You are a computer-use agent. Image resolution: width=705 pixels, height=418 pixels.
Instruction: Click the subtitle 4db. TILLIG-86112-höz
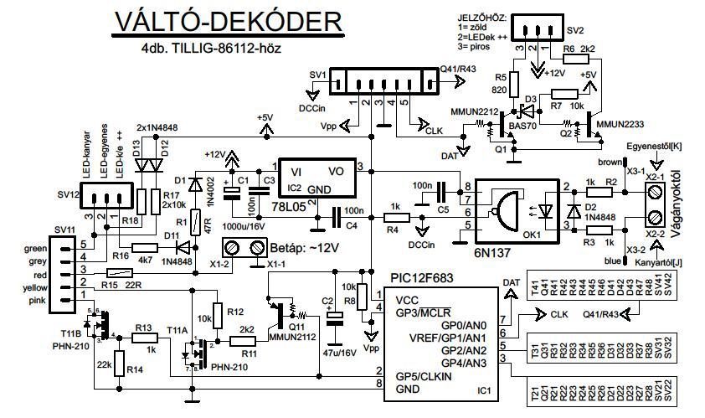pos(211,49)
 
